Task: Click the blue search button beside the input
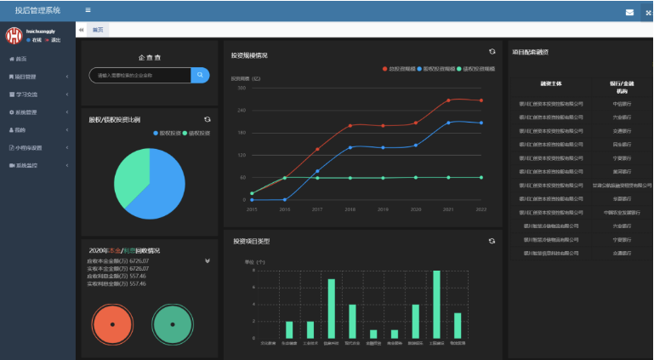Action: pyautogui.click(x=200, y=76)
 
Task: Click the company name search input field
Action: pyautogui.click(x=140, y=76)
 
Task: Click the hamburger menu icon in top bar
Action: pyautogui.click(x=88, y=10)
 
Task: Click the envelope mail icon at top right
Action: pyautogui.click(x=629, y=12)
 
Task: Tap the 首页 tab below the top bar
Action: pyautogui.click(x=99, y=30)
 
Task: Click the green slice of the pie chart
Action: pyautogui.click(x=128, y=175)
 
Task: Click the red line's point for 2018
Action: pyautogui.click(x=350, y=126)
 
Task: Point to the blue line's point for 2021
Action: pyautogui.click(x=448, y=122)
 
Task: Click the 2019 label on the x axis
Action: pyautogui.click(x=383, y=209)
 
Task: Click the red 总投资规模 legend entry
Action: pyautogui.click(x=401, y=67)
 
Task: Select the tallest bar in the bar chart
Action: pyautogui.click(x=437, y=306)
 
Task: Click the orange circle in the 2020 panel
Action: pyautogui.click(x=113, y=325)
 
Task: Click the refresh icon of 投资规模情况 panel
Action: pyautogui.click(x=492, y=52)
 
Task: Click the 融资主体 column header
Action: pyautogui.click(x=549, y=84)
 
